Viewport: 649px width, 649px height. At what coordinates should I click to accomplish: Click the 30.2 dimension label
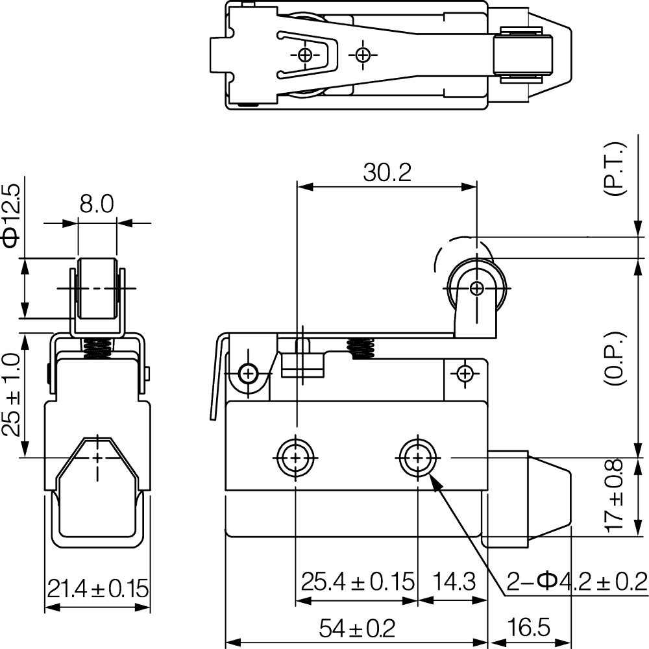pos(387,173)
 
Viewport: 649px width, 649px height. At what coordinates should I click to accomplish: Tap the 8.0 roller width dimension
pos(97,204)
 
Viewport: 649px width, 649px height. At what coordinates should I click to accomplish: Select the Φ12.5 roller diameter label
pos(11,216)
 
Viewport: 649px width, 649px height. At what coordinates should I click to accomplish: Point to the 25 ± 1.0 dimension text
pos(11,395)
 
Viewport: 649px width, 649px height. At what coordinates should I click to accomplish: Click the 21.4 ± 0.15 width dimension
pos(98,588)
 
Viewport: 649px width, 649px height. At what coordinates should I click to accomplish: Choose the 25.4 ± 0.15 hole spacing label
pos(358,582)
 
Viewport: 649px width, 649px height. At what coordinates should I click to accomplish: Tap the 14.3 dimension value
pos(454,582)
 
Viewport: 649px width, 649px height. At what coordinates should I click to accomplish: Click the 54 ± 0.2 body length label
pos(357,628)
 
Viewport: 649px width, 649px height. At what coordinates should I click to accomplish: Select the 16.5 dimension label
pos(528,628)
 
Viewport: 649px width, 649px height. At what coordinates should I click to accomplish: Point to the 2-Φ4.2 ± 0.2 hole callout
pos(576,582)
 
